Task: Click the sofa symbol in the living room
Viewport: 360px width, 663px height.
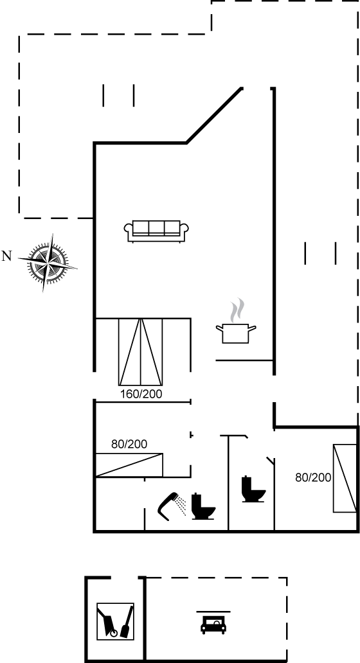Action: pos(156,231)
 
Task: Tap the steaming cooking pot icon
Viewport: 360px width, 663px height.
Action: pos(236,321)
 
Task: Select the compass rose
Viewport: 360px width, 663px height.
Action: pos(48,263)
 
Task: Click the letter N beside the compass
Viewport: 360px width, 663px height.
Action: pos(7,256)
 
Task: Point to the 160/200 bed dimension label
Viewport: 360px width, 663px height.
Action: pos(141,394)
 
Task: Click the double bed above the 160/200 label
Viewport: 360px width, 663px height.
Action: pos(140,352)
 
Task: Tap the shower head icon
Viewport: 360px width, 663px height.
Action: pos(172,506)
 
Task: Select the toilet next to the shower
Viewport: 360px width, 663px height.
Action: pos(203,506)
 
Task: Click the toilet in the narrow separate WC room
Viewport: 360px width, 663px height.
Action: pos(253,489)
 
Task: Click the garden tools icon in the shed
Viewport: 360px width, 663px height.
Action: pos(116,621)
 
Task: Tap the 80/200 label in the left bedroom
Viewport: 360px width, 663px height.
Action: pos(129,444)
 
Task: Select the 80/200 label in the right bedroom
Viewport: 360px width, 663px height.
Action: pos(313,477)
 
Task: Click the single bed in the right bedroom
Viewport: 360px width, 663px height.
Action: pos(345,478)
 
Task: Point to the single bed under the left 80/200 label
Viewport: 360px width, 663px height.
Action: pos(129,465)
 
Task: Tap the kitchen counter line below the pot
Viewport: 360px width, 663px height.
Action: pos(244,360)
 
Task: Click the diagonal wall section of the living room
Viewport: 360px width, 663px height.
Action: pos(214,116)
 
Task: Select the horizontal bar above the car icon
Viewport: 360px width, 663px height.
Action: pos(213,612)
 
